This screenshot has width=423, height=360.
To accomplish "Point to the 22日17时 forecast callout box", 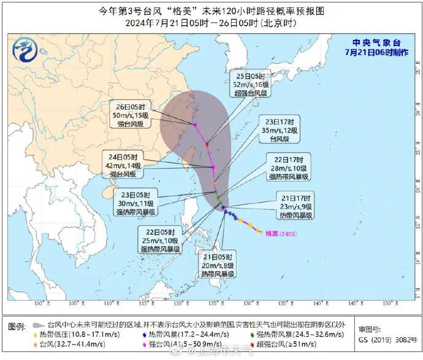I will [288, 168].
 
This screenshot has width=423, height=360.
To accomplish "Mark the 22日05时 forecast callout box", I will [160, 241].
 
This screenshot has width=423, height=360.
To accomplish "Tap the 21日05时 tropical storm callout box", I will [218, 266].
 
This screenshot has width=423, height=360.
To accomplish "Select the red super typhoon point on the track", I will [207, 145].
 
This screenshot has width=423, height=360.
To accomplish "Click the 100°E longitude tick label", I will [41, 304].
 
